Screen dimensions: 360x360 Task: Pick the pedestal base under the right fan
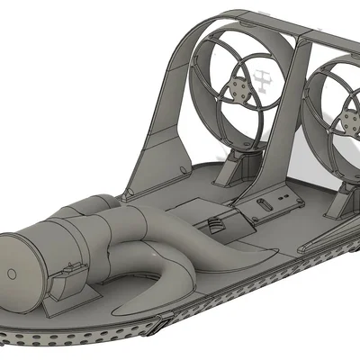[340, 205]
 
